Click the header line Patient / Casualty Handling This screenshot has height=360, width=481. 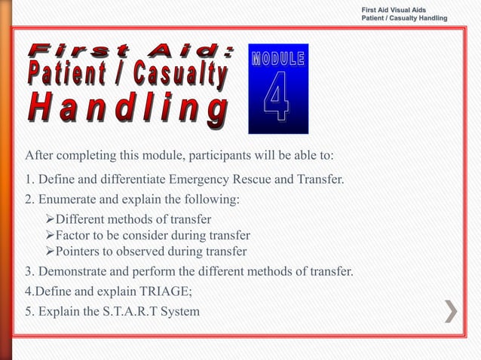404,17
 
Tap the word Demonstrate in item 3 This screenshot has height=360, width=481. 75,270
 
